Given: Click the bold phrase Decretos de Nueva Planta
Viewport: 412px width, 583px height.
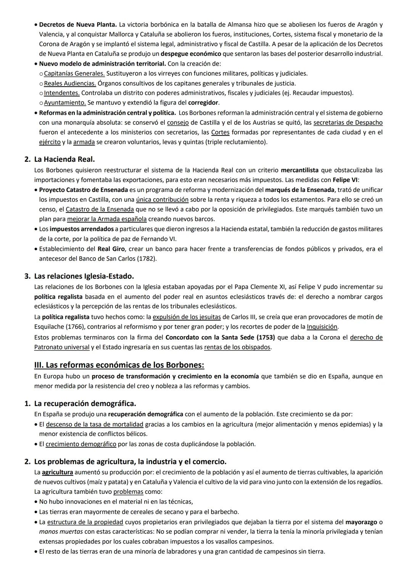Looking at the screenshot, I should tap(78, 24).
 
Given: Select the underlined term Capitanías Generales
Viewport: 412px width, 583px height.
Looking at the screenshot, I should tap(74, 73).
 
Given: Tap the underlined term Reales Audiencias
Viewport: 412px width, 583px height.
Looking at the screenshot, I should tap(70, 83).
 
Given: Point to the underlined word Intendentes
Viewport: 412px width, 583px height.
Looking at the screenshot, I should tap(62, 93).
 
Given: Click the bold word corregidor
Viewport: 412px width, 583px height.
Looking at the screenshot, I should tap(203, 103).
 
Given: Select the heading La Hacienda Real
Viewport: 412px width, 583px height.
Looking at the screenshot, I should tap(64, 159).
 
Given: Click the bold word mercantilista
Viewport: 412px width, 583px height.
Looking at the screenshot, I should tap(300, 170).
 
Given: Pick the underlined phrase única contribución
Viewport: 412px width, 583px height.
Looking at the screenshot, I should tap(162, 200).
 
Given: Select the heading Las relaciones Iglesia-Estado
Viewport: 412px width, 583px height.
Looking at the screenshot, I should tap(84, 276).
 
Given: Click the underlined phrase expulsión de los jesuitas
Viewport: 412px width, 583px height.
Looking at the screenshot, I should tap(187, 317).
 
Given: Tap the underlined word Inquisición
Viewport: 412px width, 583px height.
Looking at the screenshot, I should tap(322, 327).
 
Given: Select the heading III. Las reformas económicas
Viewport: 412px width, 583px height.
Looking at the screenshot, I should tap(119, 365).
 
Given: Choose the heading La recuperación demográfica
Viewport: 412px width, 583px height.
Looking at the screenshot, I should tap(85, 403).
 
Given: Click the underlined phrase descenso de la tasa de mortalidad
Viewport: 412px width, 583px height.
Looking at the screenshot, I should tap(95, 424).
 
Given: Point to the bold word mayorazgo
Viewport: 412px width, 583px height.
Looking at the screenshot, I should tap(361, 522).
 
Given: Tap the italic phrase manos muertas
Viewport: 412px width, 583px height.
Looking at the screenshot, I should tap(61, 531).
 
